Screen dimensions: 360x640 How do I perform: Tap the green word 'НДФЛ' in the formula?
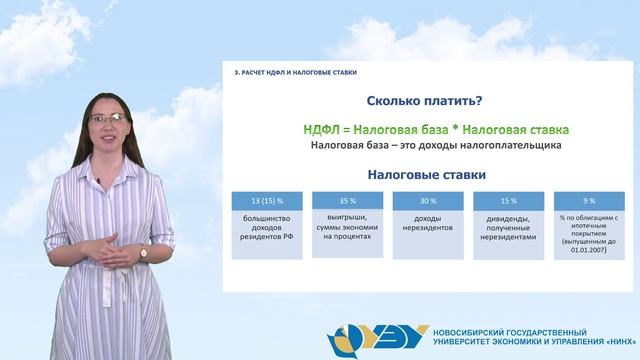326,129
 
